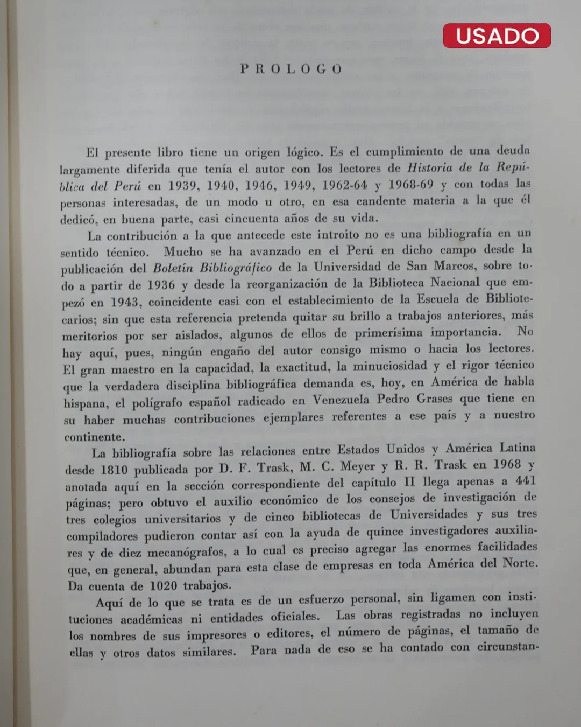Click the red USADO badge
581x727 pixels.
(x=497, y=36)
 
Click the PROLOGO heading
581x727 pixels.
(x=291, y=69)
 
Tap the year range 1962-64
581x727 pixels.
(x=344, y=185)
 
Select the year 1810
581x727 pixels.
(x=114, y=470)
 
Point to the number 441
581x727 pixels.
(x=525, y=480)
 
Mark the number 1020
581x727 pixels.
(x=163, y=585)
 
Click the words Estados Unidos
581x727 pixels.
(x=381, y=450)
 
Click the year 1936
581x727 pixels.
(x=161, y=285)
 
